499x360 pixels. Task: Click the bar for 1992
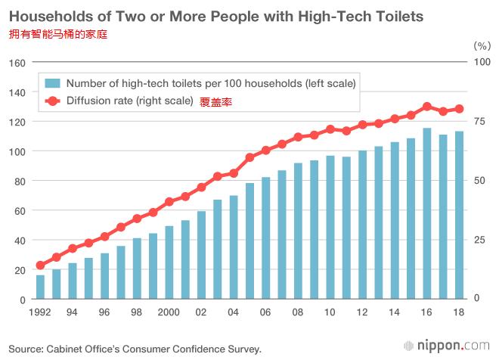pyautogui.click(x=40, y=287)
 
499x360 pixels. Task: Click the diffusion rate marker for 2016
pyautogui.click(x=427, y=107)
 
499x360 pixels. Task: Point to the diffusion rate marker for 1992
pyautogui.click(x=40, y=265)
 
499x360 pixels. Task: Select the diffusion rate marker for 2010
pyautogui.click(x=330, y=129)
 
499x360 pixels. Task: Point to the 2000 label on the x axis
pyautogui.click(x=169, y=312)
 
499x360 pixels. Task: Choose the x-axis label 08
pyautogui.click(x=298, y=312)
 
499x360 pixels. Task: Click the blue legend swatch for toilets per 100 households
pyautogui.click(x=53, y=82)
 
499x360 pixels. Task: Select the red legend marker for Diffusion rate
pyautogui.click(x=53, y=101)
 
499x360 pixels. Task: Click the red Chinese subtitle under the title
pyautogui.click(x=58, y=34)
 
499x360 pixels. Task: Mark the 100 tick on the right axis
pyautogui.click(x=479, y=62)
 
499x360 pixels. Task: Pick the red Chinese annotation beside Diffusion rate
pyautogui.click(x=215, y=102)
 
